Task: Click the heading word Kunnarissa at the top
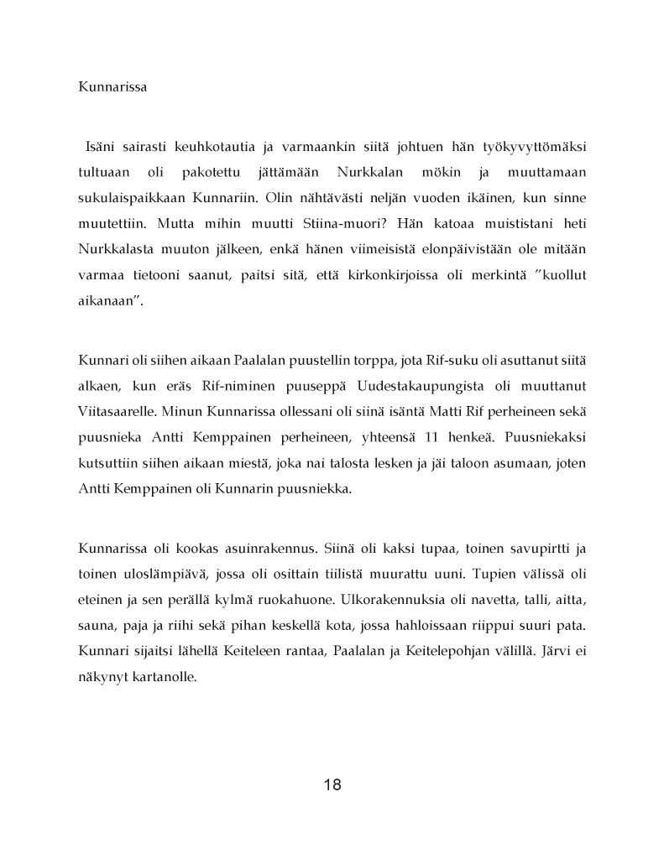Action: (112, 86)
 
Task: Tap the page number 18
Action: (332, 785)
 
